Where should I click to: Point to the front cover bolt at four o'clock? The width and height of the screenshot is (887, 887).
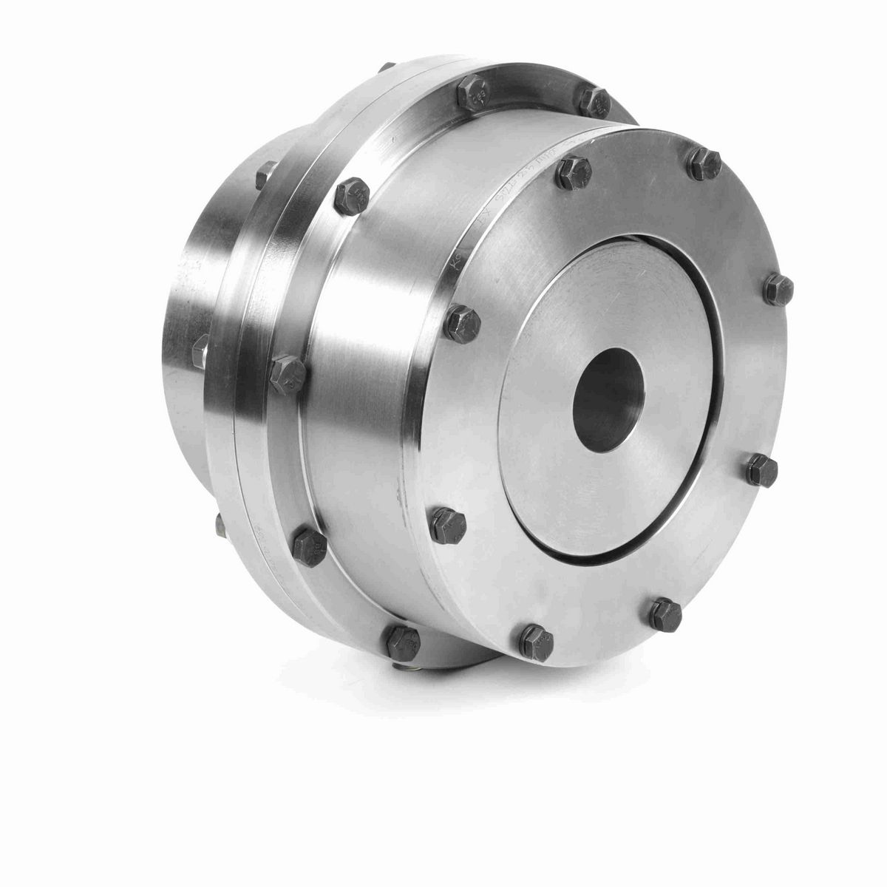(759, 466)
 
